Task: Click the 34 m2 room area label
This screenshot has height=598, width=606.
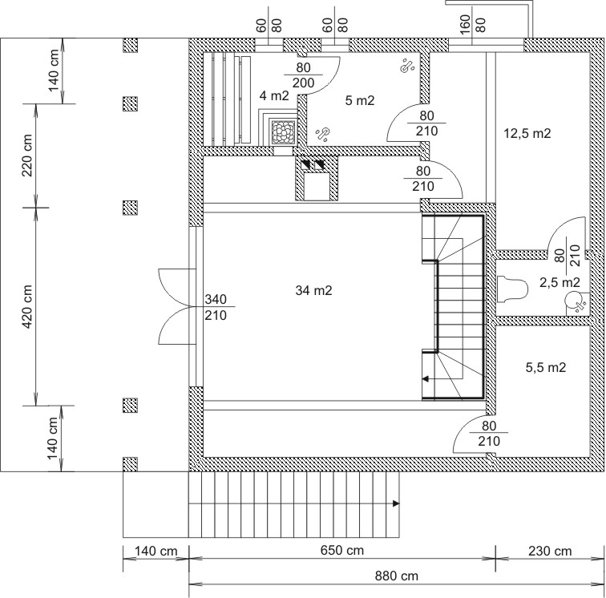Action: tap(313, 290)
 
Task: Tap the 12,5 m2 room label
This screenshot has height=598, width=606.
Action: tap(527, 133)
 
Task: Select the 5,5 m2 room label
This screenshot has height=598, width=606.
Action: tap(546, 367)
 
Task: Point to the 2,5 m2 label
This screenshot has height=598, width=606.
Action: tap(560, 283)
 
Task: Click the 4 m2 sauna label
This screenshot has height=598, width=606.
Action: tap(274, 95)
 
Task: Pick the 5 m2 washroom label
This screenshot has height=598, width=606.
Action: tap(360, 100)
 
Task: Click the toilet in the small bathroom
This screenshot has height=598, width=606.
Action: tap(512, 289)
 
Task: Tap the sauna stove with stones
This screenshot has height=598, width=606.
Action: tap(284, 131)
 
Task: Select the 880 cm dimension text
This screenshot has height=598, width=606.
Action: tap(397, 576)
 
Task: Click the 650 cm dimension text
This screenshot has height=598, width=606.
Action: tap(342, 551)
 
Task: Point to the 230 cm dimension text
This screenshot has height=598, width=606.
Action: tap(550, 551)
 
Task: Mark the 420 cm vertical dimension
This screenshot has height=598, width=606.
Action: tap(27, 306)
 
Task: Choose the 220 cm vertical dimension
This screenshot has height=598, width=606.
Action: tap(27, 156)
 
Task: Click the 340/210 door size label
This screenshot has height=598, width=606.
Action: tap(216, 307)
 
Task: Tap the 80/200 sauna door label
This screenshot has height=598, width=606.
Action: tap(303, 75)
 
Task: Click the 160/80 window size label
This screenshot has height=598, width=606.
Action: tap(472, 24)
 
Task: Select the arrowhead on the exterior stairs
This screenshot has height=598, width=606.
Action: tap(396, 503)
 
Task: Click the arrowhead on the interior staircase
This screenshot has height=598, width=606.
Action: tap(425, 379)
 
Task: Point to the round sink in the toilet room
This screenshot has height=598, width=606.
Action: tap(575, 301)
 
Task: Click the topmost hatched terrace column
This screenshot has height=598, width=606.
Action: tap(130, 45)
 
